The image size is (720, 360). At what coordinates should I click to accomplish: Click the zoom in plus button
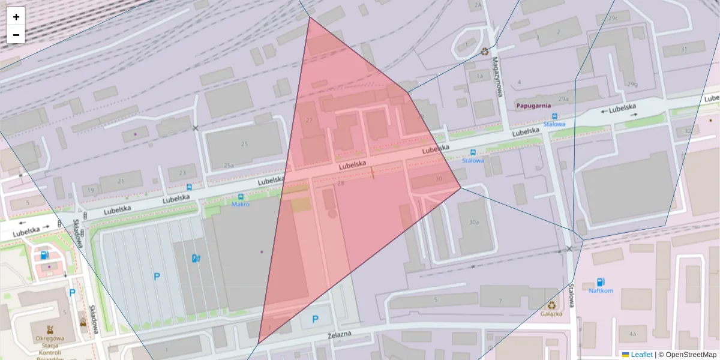pos(16,17)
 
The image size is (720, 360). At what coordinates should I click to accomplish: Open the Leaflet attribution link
pos(641,355)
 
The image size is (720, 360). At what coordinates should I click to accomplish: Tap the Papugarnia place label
pos(533,106)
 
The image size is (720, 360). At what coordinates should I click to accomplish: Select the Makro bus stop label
pos(241,204)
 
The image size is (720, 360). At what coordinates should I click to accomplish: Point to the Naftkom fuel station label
pos(601,290)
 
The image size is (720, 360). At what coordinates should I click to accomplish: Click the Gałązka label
pos(551,313)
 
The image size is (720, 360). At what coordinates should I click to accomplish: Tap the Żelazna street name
pos(340,335)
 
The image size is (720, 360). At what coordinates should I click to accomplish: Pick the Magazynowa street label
pos(497,76)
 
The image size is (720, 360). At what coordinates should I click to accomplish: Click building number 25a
pos(229,165)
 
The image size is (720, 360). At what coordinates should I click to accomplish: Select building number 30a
pos(474,222)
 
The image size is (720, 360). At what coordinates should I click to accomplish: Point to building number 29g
pos(631,85)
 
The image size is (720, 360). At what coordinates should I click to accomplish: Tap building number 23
pos(182,173)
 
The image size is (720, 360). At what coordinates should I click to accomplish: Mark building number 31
pos(683,49)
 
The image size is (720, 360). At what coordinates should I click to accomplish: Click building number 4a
pos(632,334)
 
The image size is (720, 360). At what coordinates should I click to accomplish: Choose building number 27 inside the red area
pos(310,121)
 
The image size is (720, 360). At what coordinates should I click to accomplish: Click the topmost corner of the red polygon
pos(310,17)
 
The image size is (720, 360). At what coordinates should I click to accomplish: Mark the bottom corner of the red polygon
pos(258,344)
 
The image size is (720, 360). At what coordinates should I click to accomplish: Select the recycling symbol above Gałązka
pos(551,304)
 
